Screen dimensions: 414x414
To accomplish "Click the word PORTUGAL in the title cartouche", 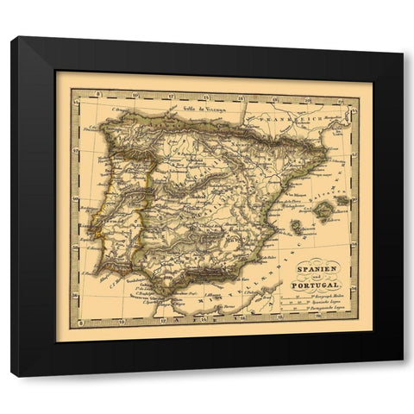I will point(317,285).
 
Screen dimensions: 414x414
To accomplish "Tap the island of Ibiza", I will point(295,227).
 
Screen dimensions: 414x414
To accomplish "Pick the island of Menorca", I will point(343,200).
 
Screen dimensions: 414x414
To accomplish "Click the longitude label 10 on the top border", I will point(106,95).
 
